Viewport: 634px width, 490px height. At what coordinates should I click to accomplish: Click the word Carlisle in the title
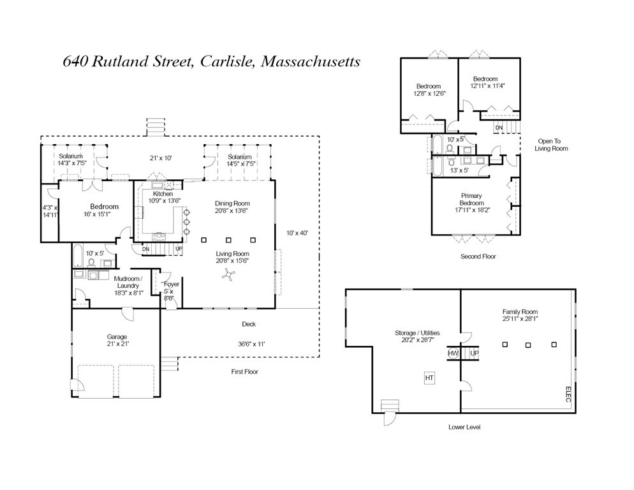point(226,61)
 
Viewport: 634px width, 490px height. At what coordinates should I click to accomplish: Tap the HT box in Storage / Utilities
point(429,378)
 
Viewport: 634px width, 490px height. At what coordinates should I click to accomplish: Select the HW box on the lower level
point(453,353)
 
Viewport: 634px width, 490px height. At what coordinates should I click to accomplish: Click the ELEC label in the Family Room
point(568,395)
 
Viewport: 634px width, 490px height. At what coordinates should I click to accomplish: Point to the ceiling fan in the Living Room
point(228,275)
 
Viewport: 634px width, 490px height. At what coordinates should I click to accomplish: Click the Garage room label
point(117,336)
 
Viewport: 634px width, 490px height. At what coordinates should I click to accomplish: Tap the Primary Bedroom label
point(472,200)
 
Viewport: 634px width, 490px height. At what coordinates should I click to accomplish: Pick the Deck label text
point(249,324)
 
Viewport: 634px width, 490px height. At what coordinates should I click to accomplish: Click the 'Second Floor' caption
point(478,256)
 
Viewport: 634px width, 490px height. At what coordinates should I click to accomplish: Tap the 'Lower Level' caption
point(464,427)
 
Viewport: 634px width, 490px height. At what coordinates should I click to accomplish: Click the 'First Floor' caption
point(244,371)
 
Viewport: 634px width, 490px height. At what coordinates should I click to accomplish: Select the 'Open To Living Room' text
point(552,145)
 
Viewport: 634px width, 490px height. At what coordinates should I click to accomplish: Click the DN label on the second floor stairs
point(498,128)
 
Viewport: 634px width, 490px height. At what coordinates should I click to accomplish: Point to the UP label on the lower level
point(474,353)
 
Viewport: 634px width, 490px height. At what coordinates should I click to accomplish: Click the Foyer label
point(172,284)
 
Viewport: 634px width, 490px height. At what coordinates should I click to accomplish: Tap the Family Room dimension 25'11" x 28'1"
point(520,319)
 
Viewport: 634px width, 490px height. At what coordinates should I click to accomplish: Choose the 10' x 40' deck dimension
point(297,233)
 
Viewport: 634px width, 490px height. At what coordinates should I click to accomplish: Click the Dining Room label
point(232,204)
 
